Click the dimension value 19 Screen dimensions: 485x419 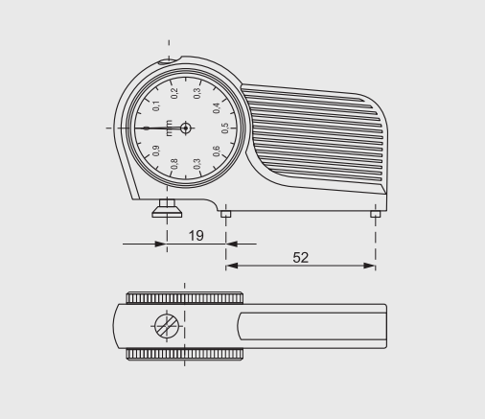point(196,236)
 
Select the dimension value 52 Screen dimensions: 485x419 point(300,258)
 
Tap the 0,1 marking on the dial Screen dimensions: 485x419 point(156,105)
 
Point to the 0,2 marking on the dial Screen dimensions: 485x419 point(174,93)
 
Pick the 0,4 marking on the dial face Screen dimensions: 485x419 point(217,108)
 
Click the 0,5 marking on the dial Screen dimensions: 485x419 point(225,128)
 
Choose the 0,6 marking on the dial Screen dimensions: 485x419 point(217,151)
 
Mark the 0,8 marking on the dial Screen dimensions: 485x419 point(174,164)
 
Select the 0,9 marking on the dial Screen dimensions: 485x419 point(156,151)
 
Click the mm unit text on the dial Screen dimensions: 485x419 point(169,128)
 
